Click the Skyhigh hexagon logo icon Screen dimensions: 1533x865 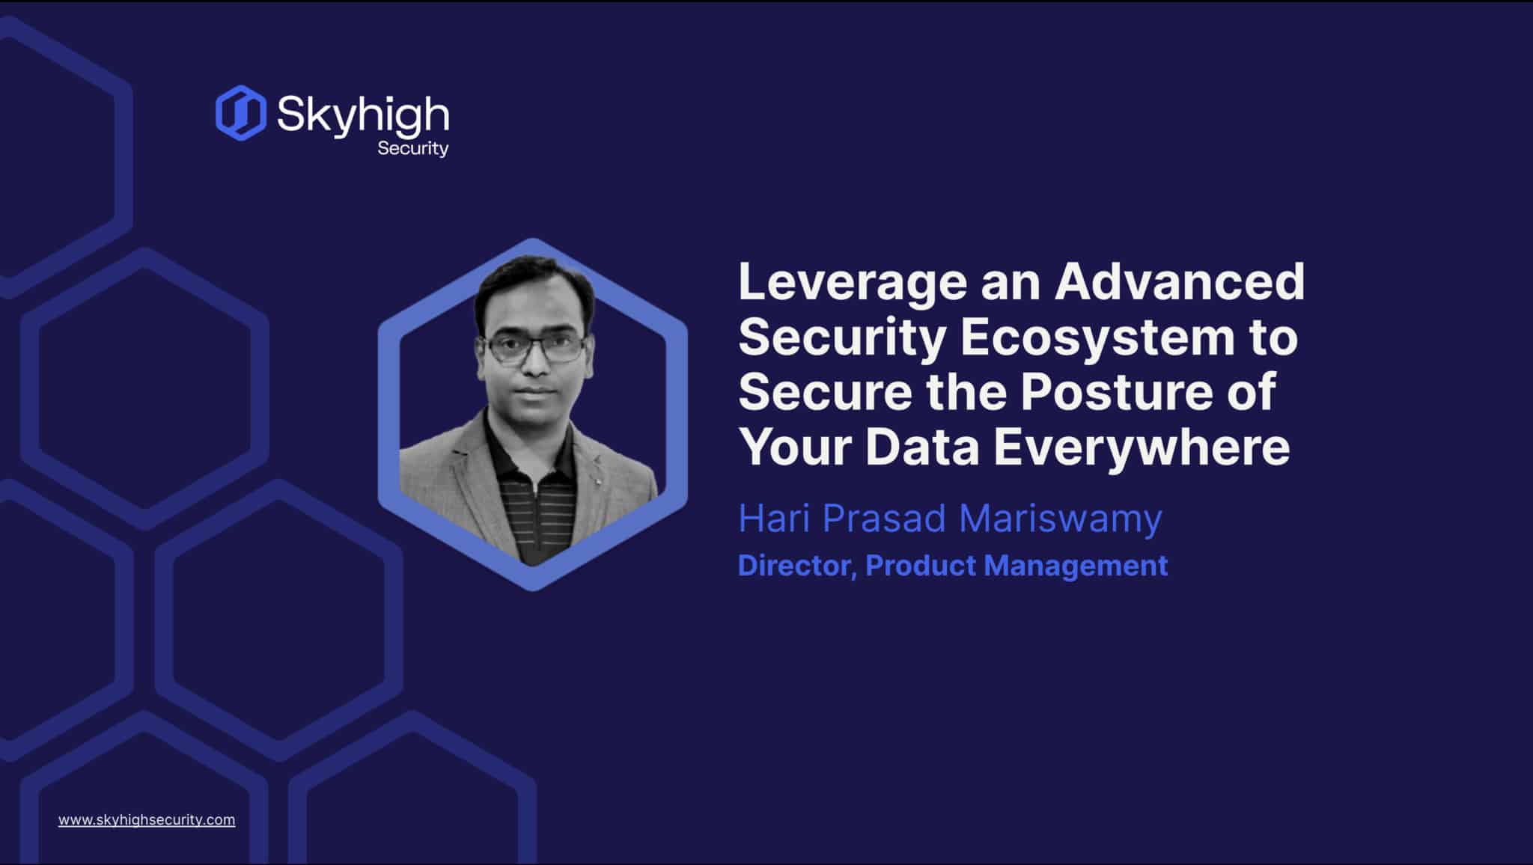[x=240, y=113]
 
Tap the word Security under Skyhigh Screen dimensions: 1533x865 [x=412, y=148]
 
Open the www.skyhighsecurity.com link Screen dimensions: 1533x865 [x=147, y=819]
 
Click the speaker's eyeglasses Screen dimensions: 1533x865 [x=534, y=348]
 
